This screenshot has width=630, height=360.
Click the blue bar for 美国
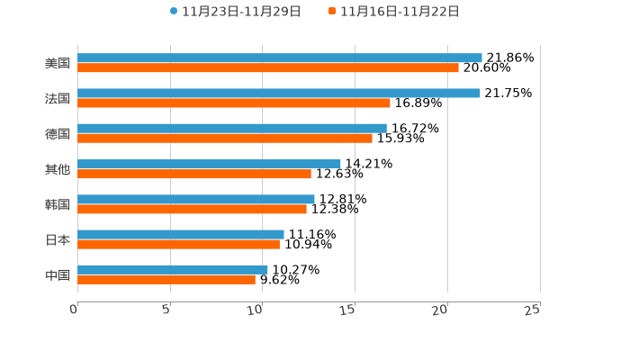(280, 58)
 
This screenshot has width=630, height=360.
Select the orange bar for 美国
(268, 67)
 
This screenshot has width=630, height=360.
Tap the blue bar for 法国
(279, 93)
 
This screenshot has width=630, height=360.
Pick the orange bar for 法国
(234, 103)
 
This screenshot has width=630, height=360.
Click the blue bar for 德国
(232, 128)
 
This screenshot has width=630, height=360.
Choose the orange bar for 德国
(225, 138)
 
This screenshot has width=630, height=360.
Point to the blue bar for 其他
(209, 164)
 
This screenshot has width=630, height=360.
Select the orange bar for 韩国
(192, 209)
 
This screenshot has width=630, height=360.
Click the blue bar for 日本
(181, 234)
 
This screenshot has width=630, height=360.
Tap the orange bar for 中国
(166, 279)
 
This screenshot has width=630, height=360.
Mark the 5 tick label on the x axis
(166, 310)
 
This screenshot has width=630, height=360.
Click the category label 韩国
(58, 204)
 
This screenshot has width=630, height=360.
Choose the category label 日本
(58, 239)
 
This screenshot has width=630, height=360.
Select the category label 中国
(58, 274)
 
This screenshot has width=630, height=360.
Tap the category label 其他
(58, 169)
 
